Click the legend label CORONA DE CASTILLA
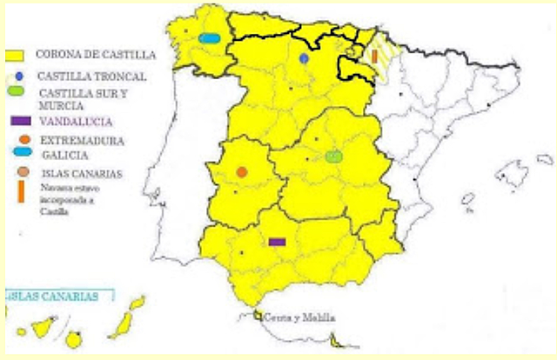pos(96,54)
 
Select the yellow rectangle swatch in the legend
pos(17,55)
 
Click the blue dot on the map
pos(304,58)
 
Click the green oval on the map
pos(333,157)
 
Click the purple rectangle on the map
pos(278,241)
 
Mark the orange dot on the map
pos(242,172)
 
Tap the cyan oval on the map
pos(209,38)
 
